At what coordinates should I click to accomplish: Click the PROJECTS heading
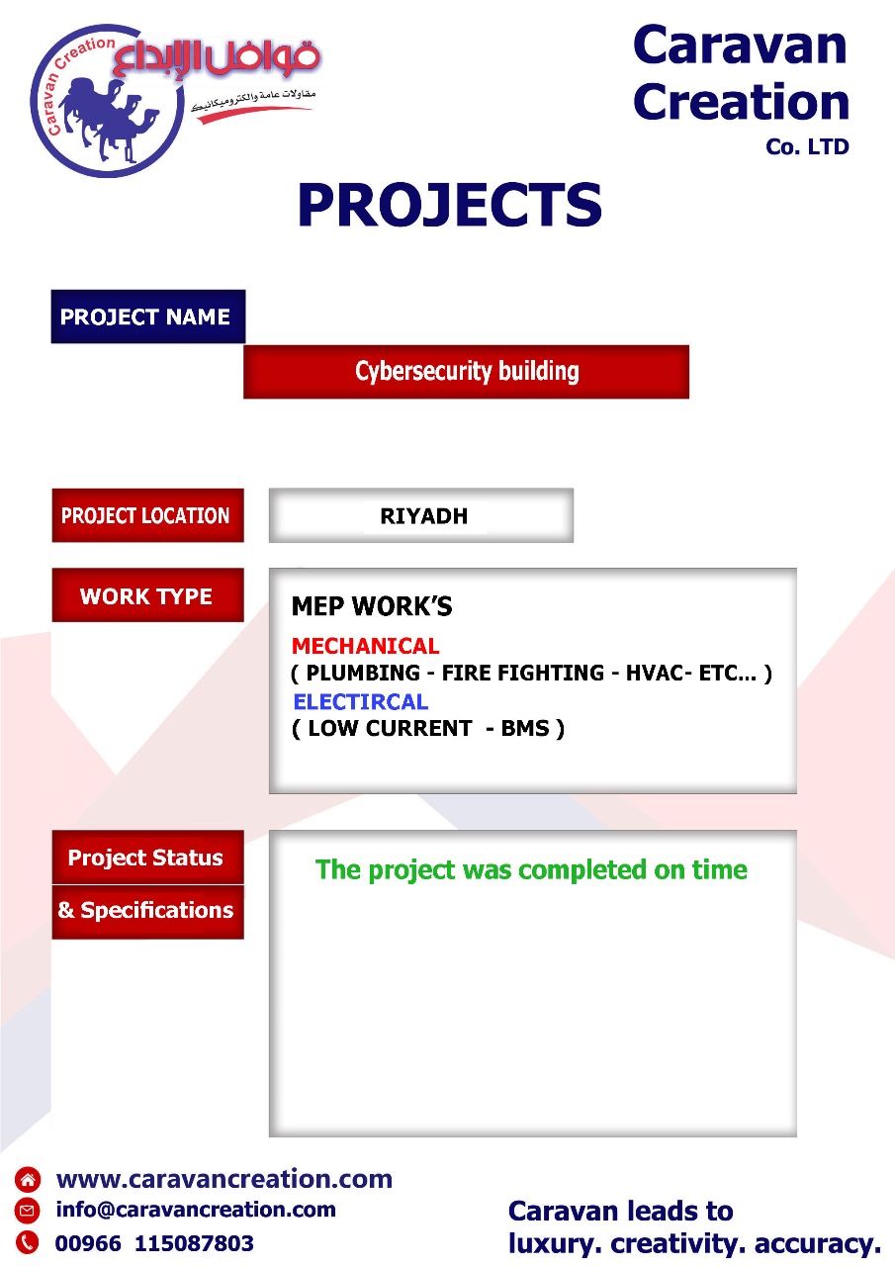click(450, 205)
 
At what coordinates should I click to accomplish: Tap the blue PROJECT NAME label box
click(148, 316)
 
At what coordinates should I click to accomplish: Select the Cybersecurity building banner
click(466, 372)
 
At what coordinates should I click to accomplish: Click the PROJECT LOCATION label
click(148, 515)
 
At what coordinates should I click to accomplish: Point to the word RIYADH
click(424, 516)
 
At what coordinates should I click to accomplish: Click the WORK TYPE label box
click(148, 595)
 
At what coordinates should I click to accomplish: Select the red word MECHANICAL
click(366, 646)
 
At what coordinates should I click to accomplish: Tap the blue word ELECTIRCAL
click(361, 702)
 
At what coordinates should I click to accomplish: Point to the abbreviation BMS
click(525, 729)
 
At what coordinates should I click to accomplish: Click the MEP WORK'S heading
click(372, 606)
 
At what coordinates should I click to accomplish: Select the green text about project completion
click(531, 869)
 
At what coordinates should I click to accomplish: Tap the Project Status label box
click(148, 858)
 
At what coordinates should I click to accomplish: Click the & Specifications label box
click(148, 912)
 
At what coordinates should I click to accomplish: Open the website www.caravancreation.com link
click(224, 1180)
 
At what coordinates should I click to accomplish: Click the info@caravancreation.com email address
click(196, 1210)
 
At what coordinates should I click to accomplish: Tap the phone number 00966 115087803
click(154, 1243)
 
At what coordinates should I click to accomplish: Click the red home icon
click(27, 1180)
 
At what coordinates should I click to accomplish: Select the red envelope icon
click(27, 1211)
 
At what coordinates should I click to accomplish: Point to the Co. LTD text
click(807, 147)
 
